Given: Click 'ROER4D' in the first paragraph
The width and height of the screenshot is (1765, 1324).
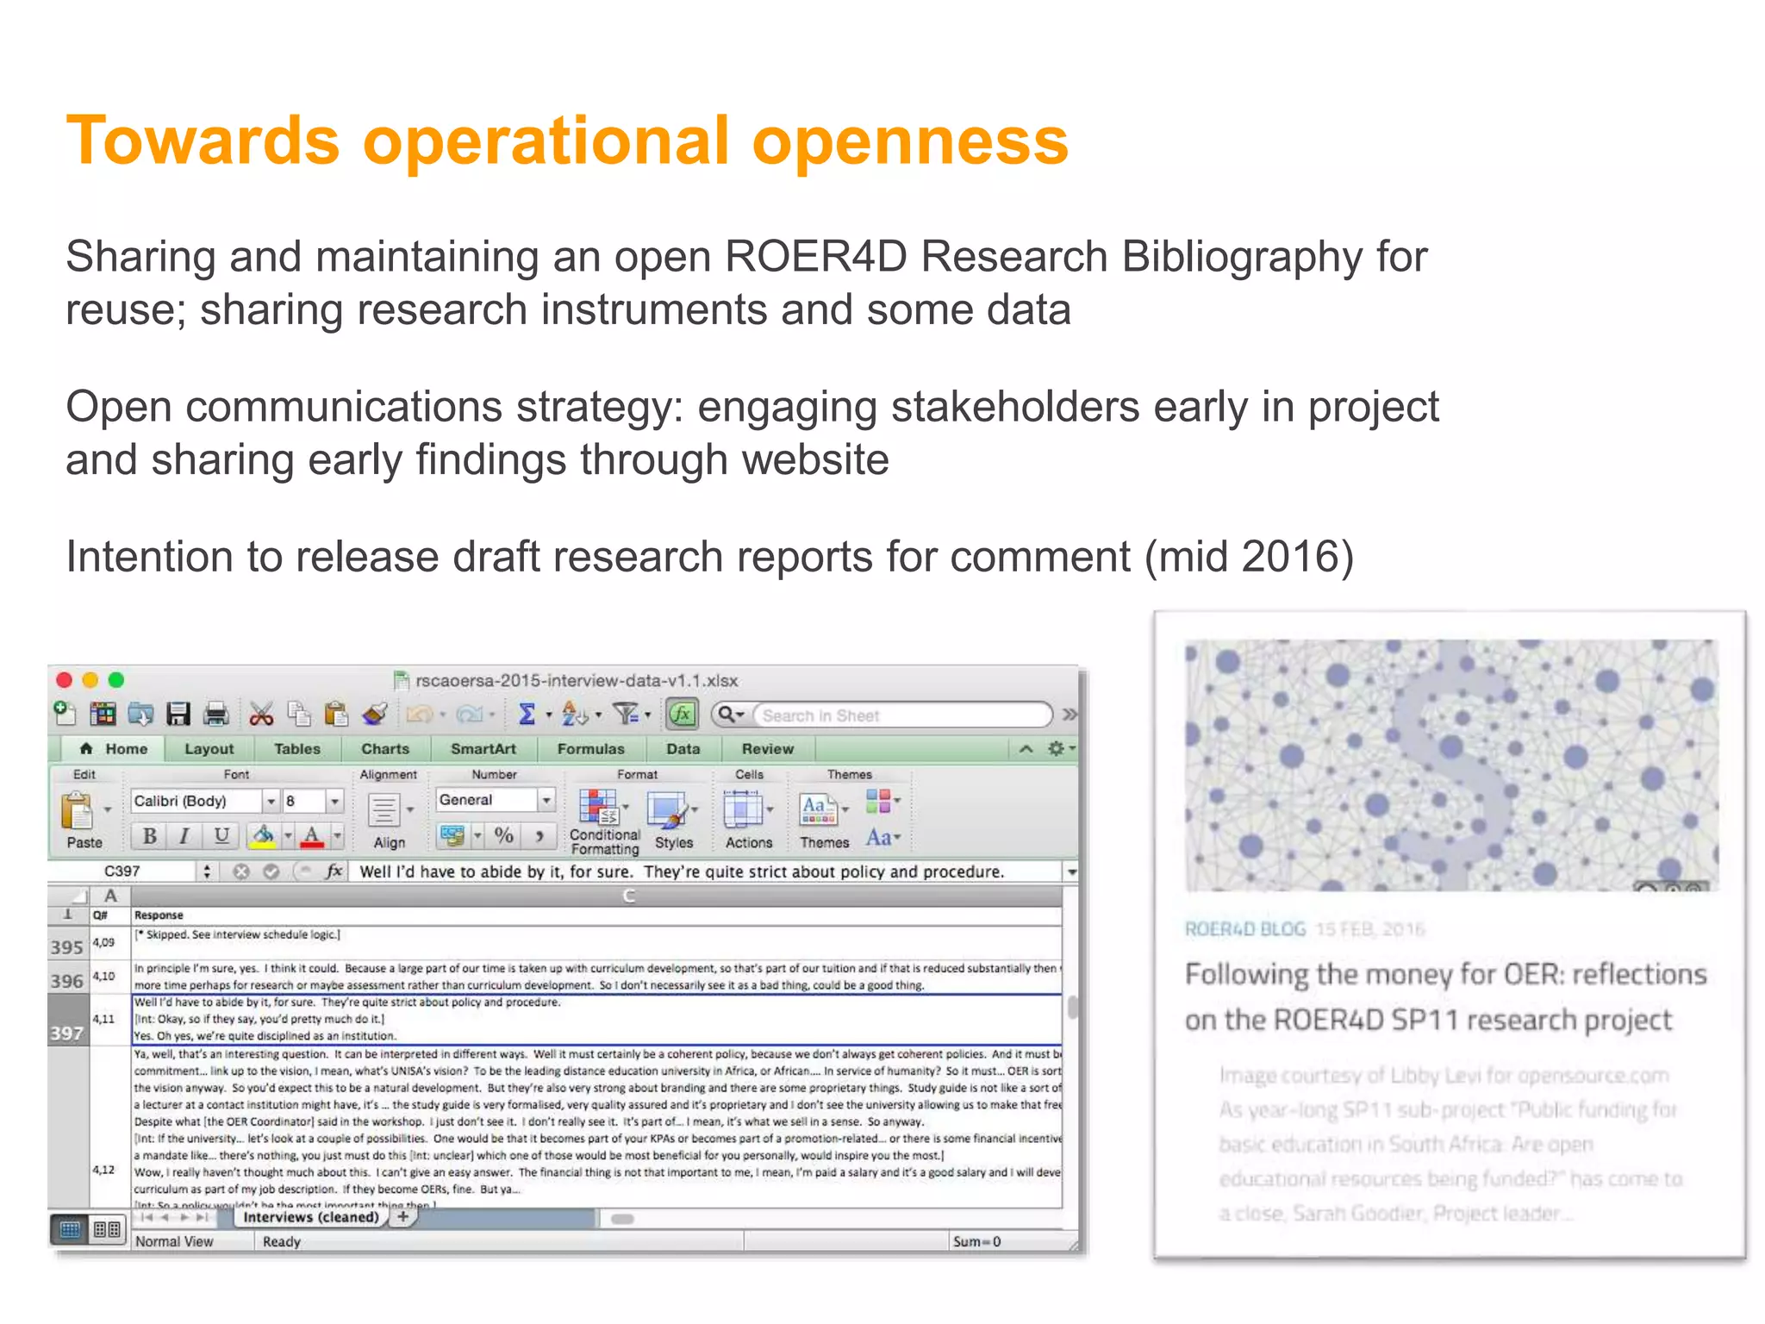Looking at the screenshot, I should (815, 257).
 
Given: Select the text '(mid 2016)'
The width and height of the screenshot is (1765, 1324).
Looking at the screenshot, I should (1249, 557).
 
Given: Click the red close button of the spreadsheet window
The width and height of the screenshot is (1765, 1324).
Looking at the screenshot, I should (64, 680).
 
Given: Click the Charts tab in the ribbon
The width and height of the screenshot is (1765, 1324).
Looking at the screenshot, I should (384, 749).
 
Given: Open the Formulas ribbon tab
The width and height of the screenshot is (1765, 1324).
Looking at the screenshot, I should (590, 749).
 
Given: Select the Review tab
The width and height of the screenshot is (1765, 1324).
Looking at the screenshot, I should (767, 749).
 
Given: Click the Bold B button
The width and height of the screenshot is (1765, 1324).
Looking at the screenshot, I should (149, 835).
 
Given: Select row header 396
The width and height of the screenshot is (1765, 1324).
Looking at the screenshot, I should (67, 981).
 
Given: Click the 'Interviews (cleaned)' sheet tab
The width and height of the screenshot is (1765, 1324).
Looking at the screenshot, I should (310, 1217).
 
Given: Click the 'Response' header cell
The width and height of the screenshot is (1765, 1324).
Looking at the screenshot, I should (159, 915).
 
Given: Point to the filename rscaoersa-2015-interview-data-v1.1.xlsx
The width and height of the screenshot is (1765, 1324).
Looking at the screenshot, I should (576, 680).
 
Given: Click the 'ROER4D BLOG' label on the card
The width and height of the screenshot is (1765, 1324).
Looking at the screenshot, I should (1244, 929).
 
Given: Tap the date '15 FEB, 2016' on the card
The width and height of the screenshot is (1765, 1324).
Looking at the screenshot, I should (1369, 929).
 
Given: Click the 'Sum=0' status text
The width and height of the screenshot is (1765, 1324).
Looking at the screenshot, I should (976, 1241).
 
